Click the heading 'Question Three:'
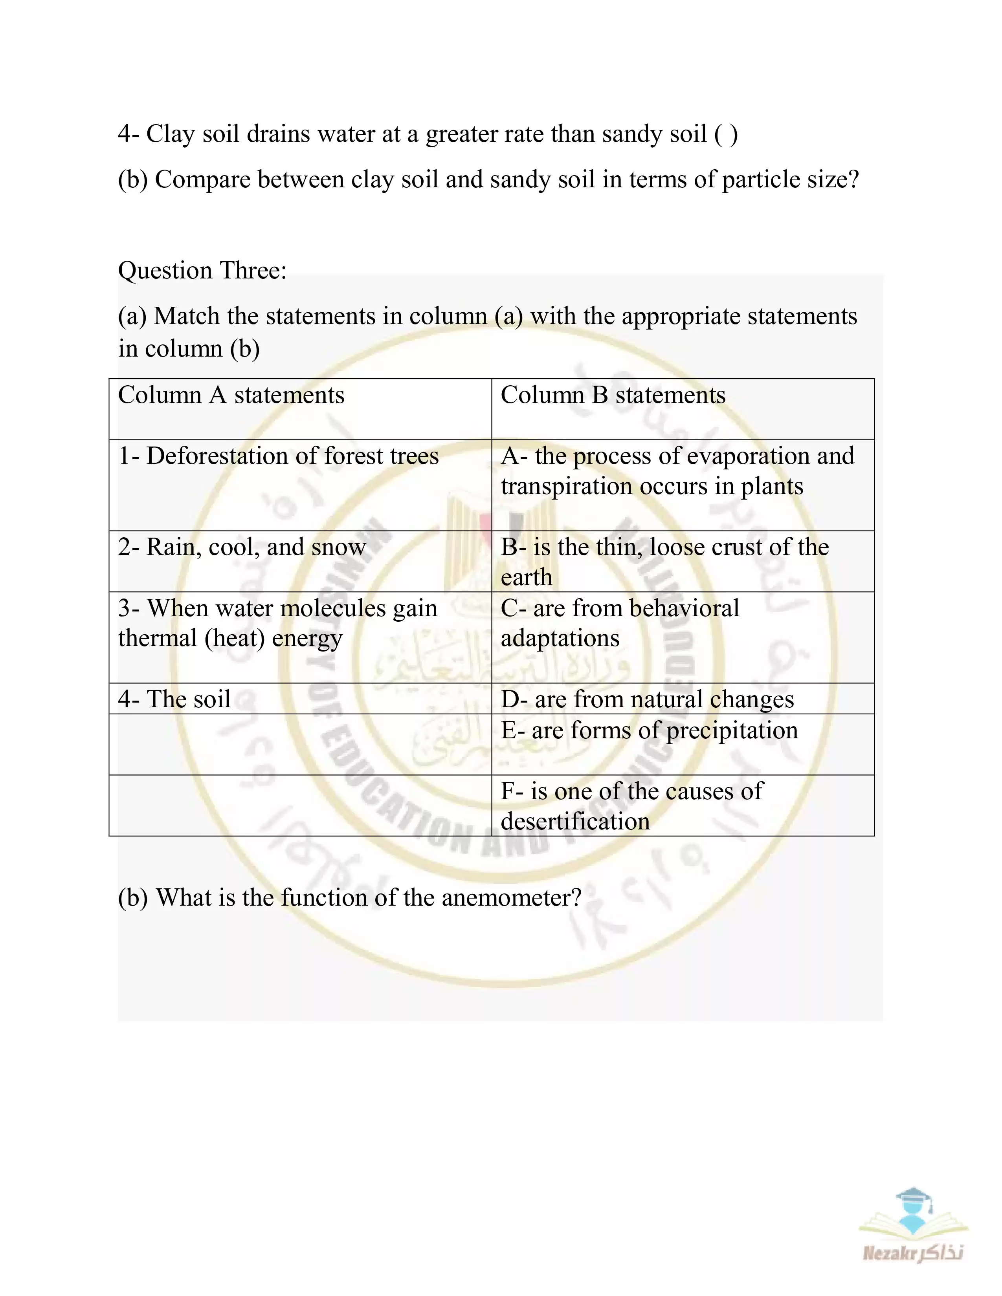[202, 271]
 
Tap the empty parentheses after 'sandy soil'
[726, 134]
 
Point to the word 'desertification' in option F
[575, 821]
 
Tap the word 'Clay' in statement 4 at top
[171, 134]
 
